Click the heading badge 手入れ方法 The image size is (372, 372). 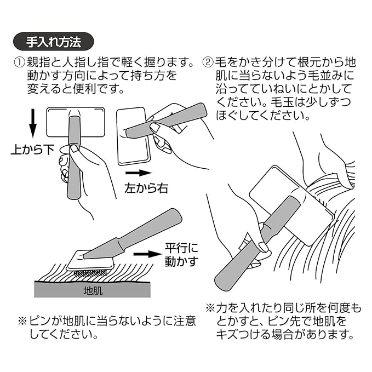click(53, 42)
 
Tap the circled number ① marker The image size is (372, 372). click(20, 62)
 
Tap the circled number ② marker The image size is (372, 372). click(208, 62)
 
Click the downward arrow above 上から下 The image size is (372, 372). click(33, 123)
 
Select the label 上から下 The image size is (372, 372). click(33, 150)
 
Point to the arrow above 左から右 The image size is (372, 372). click(139, 173)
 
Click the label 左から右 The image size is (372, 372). click(146, 188)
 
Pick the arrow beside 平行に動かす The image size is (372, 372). click(147, 254)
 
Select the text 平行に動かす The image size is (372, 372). click(181, 255)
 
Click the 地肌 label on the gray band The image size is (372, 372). click(93, 291)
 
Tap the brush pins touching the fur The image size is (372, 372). click(90, 273)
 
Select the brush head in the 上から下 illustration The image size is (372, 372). click(76, 122)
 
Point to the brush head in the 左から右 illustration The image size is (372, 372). click(134, 136)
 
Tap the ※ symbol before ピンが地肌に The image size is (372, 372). click(23, 321)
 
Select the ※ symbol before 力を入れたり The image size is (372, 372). click(210, 308)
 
